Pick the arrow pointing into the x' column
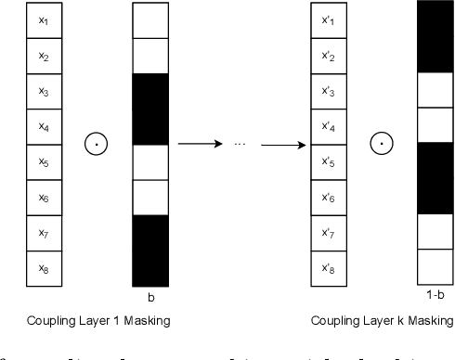click(x=282, y=145)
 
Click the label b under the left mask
click(x=150, y=299)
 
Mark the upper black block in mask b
click(x=150, y=109)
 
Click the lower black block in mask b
click(x=150, y=250)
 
